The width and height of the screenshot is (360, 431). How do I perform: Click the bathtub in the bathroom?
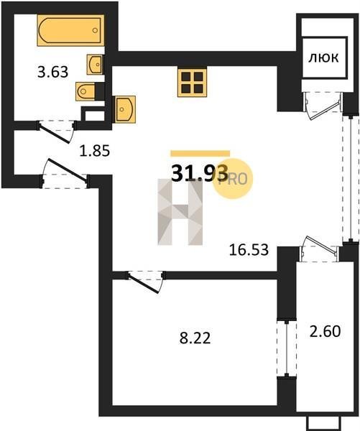pyautogui.click(x=71, y=30)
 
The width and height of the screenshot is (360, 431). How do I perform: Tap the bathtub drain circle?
pyautogui.click(x=95, y=30)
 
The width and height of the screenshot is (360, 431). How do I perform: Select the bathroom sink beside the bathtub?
pyautogui.click(x=96, y=65)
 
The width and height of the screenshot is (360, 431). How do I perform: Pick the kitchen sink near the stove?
pyautogui.click(x=126, y=109)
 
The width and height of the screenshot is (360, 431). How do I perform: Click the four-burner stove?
pyautogui.click(x=192, y=83)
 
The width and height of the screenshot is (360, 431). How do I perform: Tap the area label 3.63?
pyautogui.click(x=52, y=73)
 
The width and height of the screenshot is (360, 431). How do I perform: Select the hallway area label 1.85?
pyautogui.click(x=95, y=151)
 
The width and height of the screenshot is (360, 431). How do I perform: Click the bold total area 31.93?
pyautogui.click(x=200, y=173)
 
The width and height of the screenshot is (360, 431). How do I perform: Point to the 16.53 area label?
pyautogui.click(x=249, y=250)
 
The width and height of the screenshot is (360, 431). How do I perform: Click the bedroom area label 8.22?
pyautogui.click(x=195, y=338)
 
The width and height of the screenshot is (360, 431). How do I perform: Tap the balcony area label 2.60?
pyautogui.click(x=325, y=331)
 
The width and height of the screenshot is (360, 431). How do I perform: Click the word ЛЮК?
pyautogui.click(x=323, y=58)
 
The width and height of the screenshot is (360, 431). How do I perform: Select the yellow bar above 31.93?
pyautogui.click(x=200, y=154)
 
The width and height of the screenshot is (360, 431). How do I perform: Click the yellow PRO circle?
pyautogui.click(x=234, y=179)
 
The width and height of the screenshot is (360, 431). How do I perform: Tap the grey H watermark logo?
pyautogui.click(x=180, y=212)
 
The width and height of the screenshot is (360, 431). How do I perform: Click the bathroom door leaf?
pyautogui.click(x=54, y=134)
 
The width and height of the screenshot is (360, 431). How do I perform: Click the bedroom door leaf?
pyautogui.click(x=144, y=283)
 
